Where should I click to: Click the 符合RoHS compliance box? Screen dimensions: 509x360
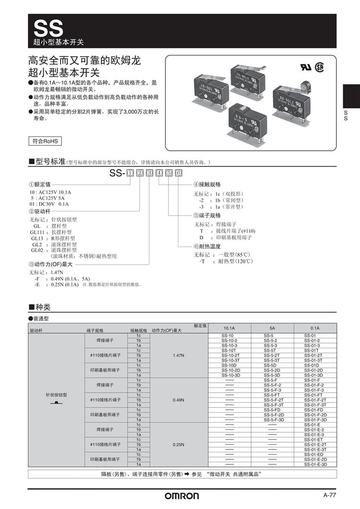[x=45, y=141]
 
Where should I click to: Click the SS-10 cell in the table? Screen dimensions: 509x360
[x=228, y=335]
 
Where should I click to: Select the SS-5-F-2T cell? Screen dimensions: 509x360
[x=274, y=400]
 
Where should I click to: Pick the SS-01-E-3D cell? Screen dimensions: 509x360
[x=315, y=464]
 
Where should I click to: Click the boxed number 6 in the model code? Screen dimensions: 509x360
[x=179, y=173]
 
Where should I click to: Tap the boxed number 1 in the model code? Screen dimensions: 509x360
[x=130, y=173]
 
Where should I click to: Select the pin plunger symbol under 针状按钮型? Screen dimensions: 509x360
[x=56, y=402]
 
